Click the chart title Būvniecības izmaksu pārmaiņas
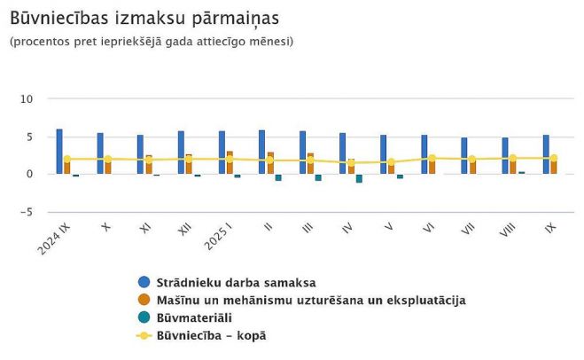click(144, 18)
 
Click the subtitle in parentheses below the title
click(151, 42)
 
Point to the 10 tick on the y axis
click(27, 98)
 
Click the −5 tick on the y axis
click(27, 212)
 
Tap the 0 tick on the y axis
click(29, 174)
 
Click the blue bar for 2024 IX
click(59, 152)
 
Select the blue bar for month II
click(262, 153)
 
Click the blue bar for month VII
click(463, 156)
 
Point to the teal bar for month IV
click(359, 178)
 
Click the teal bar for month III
click(318, 177)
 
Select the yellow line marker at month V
click(391, 162)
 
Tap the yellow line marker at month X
click(108, 160)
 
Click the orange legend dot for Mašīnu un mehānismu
click(144, 300)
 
